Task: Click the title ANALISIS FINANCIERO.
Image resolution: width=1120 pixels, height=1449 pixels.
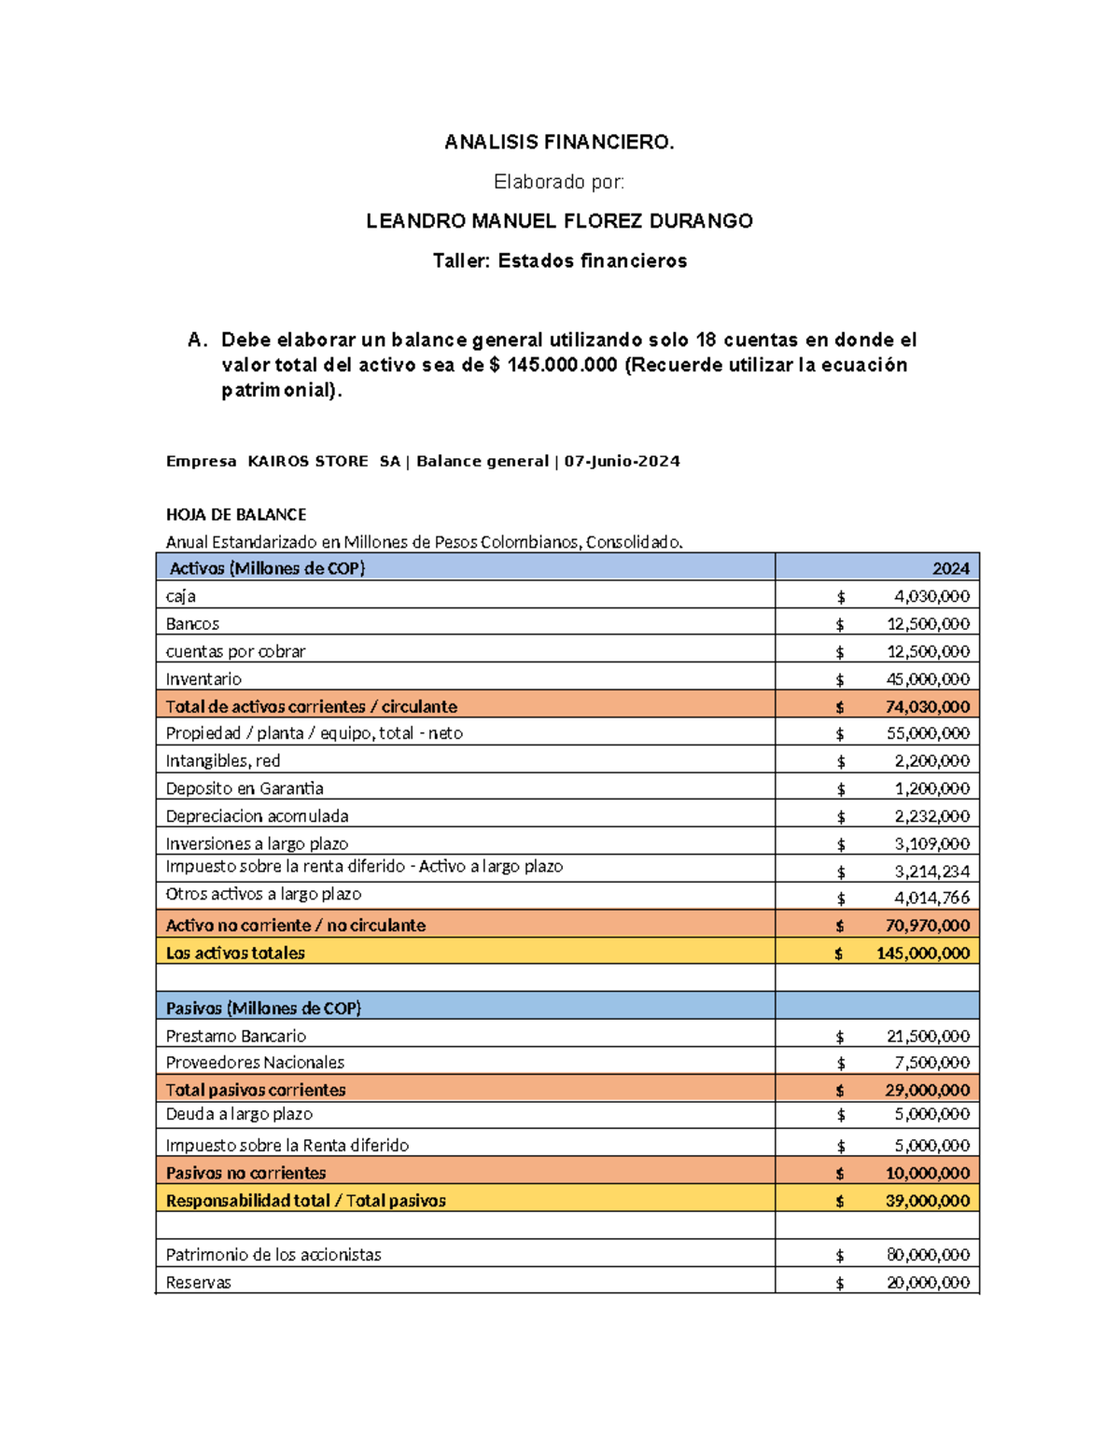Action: point(559,142)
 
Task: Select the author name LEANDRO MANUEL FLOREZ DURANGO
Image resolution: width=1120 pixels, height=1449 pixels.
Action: point(559,221)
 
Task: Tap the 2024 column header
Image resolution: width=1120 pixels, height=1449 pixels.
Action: point(950,568)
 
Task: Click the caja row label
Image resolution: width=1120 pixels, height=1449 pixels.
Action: point(180,596)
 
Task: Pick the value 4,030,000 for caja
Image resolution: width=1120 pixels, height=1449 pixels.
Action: point(931,596)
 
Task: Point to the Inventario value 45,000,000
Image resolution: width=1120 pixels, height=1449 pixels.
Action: point(928,679)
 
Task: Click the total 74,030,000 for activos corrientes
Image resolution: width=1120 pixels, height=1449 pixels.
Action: point(927,706)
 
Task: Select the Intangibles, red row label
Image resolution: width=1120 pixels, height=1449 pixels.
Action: point(222,761)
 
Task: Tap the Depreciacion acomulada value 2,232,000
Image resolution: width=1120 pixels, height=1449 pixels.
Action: point(931,816)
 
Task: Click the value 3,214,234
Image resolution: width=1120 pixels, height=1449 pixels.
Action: point(931,871)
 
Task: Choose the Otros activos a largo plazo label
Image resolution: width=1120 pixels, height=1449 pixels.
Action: point(263,894)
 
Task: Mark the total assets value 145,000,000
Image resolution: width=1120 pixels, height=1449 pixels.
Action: point(922,954)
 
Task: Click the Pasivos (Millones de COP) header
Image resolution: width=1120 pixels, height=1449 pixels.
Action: point(263,1008)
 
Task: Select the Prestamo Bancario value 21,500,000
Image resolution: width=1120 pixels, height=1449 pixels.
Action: point(928,1036)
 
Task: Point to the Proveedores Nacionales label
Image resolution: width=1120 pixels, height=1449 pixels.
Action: point(255,1063)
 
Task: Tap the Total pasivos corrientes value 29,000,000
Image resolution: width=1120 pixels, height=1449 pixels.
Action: point(927,1090)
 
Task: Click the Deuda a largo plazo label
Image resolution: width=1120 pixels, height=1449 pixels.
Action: point(239,1114)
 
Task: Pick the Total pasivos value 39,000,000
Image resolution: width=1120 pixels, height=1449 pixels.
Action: point(927,1201)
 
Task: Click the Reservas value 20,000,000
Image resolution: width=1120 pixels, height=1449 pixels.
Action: point(928,1283)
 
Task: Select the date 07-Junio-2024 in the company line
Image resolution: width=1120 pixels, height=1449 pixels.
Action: point(622,461)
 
